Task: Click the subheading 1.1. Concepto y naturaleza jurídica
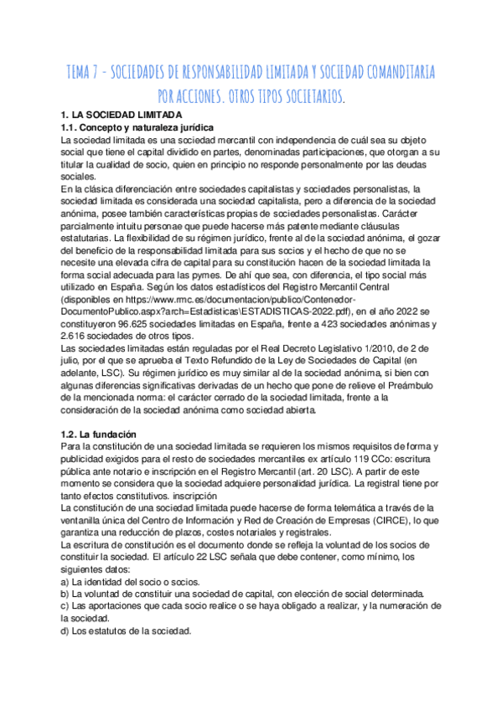[138, 126]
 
